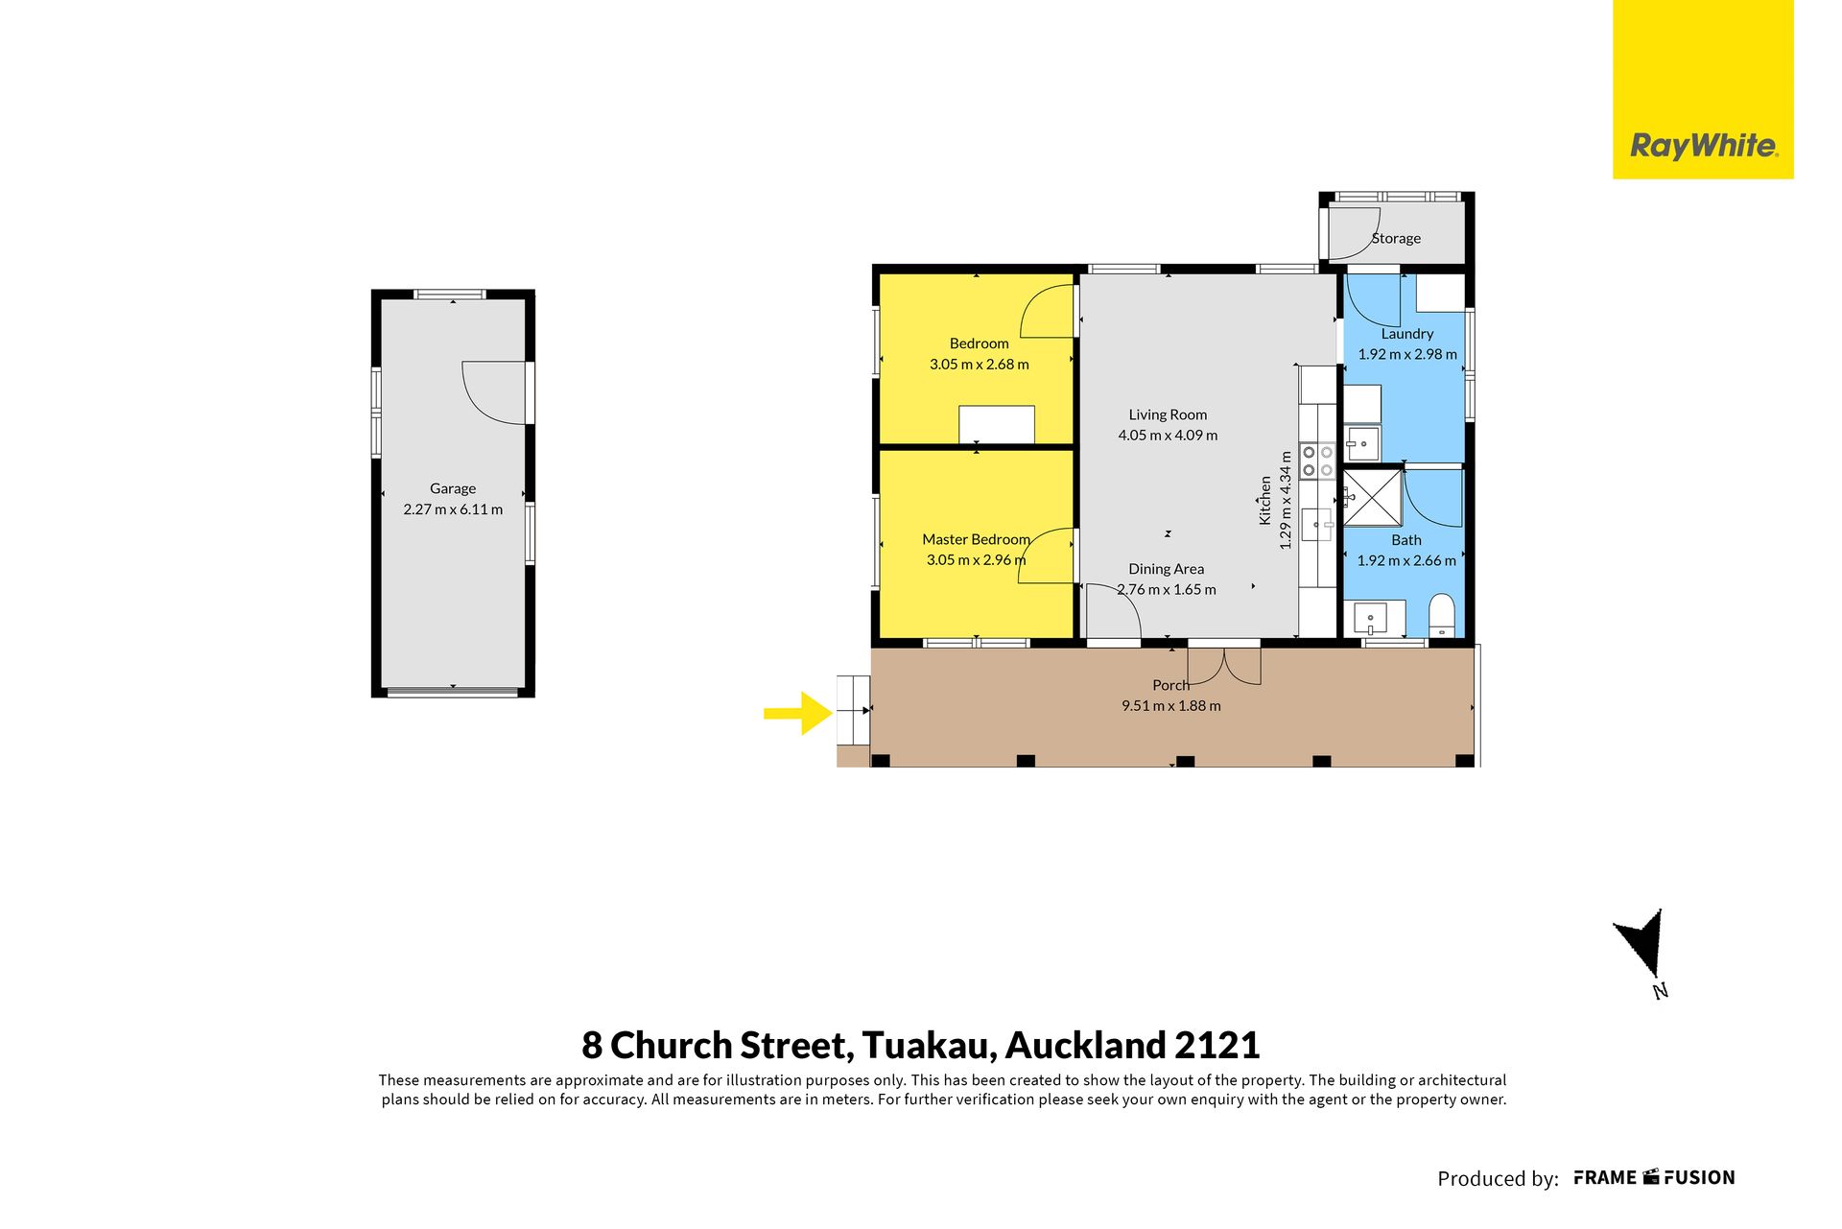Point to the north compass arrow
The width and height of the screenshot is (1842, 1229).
coord(1643,943)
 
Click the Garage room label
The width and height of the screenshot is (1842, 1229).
coord(453,488)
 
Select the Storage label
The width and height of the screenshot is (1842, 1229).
coord(1396,238)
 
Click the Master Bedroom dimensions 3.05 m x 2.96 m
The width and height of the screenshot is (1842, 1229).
coord(976,560)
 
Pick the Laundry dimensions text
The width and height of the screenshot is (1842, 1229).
coord(1407,354)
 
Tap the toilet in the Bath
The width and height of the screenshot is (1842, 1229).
coord(1442,614)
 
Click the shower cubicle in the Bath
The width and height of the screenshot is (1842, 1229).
coord(1373,498)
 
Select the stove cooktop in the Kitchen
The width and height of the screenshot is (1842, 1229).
coord(1317,461)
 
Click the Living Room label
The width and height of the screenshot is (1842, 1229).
coord(1168,414)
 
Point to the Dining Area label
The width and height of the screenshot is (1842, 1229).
coord(1166,569)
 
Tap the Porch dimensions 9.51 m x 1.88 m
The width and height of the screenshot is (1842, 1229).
coord(1171,706)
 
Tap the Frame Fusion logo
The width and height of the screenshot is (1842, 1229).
coord(1654,1178)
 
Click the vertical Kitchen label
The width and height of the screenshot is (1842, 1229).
coord(1265,501)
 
